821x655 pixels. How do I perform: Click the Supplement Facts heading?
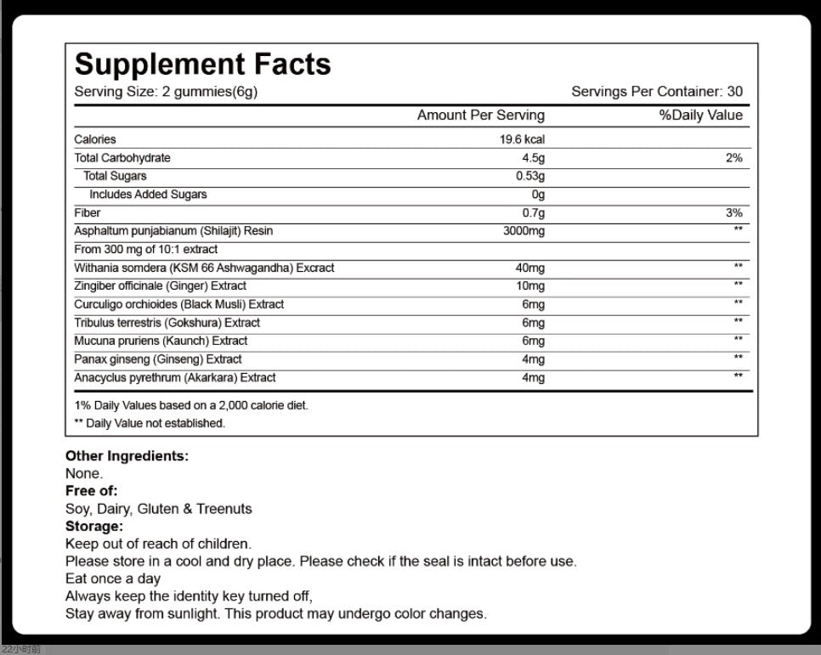202,65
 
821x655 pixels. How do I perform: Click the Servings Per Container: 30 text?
656,92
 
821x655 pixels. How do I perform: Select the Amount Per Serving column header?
480,116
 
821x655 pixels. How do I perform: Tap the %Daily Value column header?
700,116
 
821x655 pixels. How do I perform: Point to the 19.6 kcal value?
522,139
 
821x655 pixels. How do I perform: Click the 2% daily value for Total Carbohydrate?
733,158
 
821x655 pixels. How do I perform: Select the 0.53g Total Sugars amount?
529,177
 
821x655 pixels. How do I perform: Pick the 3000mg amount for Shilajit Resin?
524,231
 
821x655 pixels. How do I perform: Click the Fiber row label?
87,213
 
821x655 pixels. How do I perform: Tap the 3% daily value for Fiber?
733,213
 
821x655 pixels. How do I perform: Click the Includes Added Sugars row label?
148,195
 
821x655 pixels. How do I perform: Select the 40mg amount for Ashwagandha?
529,268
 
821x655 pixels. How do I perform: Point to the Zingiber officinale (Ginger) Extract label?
160,286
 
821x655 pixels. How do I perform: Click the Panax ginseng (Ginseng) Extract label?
157,359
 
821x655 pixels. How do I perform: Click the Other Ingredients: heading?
127,456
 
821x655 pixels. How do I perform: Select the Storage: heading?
93,526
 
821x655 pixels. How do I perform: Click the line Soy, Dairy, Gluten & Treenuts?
158,509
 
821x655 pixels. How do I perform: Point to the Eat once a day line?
112,579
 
